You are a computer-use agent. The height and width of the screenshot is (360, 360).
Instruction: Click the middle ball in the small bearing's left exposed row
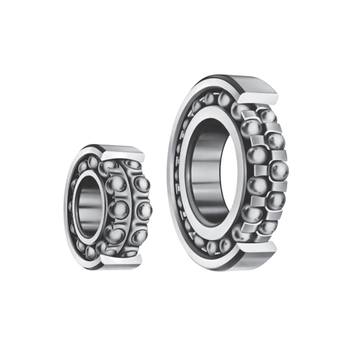point(119,209)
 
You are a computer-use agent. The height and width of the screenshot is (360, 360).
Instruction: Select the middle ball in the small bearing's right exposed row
point(143,210)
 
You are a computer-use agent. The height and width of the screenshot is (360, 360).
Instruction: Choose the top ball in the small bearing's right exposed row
point(141,184)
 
